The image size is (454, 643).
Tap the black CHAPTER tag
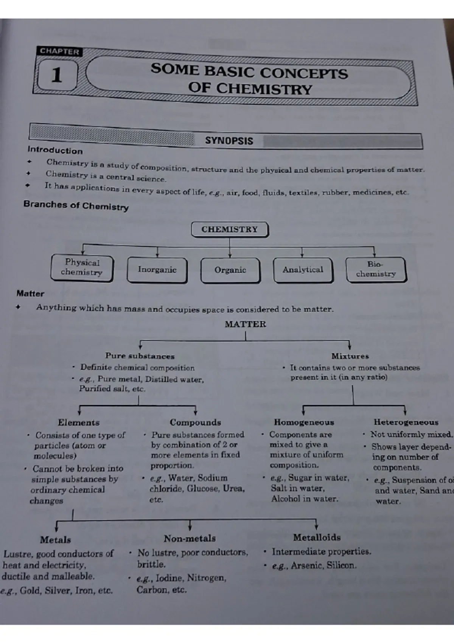[x=59, y=52]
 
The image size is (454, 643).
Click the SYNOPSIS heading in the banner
[x=229, y=141]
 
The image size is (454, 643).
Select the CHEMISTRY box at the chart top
[x=230, y=229]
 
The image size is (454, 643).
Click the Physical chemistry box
[x=82, y=267]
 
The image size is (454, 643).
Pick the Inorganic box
[x=157, y=270]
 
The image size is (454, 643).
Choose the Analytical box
[x=303, y=270]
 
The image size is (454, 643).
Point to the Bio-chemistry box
[x=376, y=269]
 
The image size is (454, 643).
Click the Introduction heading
[x=55, y=151]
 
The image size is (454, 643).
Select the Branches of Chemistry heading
[x=76, y=205]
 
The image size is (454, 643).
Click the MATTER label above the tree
[x=246, y=325]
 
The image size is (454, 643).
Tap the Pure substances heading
[x=140, y=356]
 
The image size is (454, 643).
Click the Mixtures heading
[x=350, y=356]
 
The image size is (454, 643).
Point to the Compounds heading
[x=195, y=422]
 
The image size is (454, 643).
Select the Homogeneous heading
[x=304, y=422]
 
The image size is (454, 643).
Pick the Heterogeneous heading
[x=406, y=422]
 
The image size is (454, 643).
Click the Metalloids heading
[x=317, y=537]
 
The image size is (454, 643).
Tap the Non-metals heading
[x=190, y=539]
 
